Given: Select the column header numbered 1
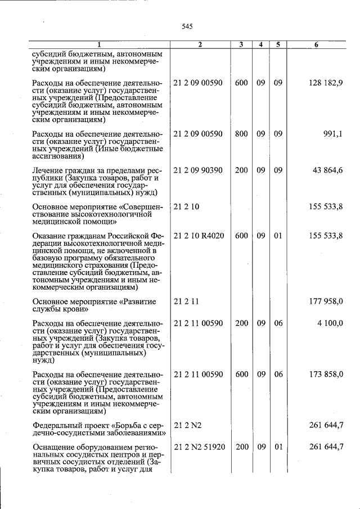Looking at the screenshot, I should pos(100,44).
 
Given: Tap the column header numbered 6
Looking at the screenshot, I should pos(317,44).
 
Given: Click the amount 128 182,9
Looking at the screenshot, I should pos(326,83).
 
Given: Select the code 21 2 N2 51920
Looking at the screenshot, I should pos(199,447).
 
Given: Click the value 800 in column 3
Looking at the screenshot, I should pos(241,134).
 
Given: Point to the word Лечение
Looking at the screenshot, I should pos(48,170).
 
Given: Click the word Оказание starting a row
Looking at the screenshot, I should pos(49,236).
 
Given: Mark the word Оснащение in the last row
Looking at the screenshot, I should pos(53,447).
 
